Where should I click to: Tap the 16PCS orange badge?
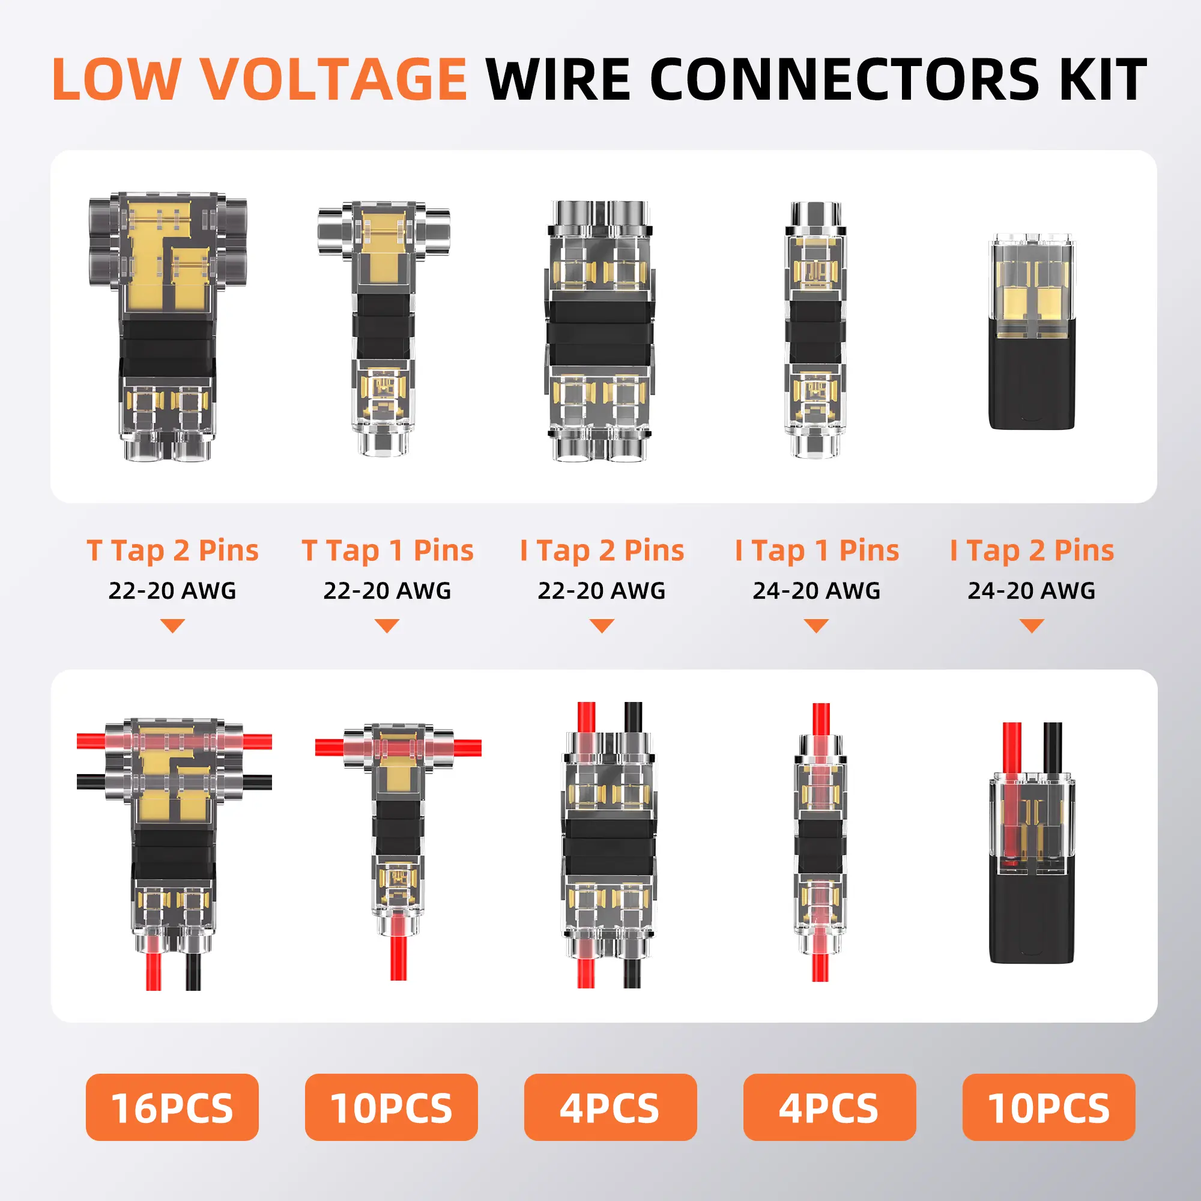172,1107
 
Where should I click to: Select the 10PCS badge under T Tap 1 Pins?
391,1107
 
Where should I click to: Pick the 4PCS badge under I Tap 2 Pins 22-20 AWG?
610,1107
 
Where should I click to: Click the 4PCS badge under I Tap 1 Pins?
829,1107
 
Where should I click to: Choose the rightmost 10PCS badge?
1048,1107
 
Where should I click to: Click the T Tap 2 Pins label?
172,551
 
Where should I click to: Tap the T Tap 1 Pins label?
387,551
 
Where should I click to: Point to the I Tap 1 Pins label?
816,551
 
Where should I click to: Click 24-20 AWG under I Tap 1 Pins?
816,590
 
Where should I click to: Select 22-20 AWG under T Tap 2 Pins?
172,590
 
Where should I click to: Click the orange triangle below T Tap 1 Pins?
387,625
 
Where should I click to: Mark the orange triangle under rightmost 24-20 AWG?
1032,625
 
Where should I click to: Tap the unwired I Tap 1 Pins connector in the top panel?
815,330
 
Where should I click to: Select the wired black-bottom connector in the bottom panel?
1032,864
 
